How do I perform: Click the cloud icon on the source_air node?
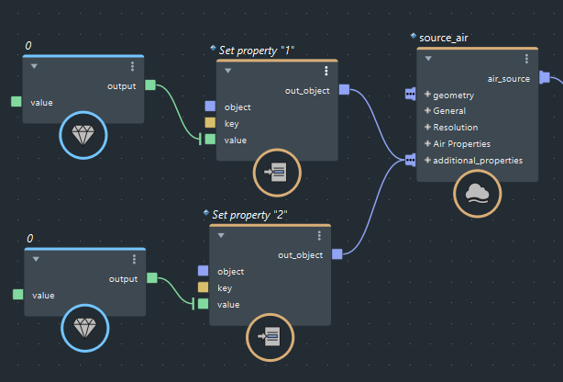pos(477,192)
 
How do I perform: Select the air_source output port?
pos(544,78)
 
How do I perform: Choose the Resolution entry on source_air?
pos(455,127)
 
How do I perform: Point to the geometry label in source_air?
pos(453,95)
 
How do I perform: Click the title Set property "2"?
pos(250,214)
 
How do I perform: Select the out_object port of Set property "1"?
pos(344,89)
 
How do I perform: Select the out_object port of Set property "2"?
pos(337,254)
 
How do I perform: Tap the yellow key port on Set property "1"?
pos(210,123)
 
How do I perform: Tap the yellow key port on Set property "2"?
pos(203,287)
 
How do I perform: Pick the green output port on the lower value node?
pos(152,278)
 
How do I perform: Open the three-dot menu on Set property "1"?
pos(326,71)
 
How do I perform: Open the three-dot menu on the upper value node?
pos(133,66)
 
